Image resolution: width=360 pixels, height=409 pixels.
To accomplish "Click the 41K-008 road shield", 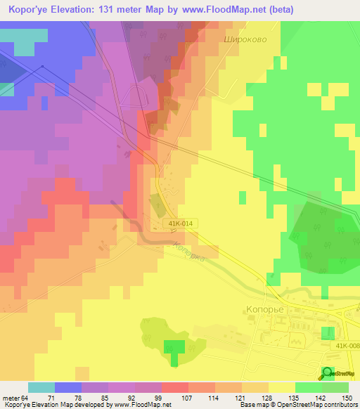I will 345,345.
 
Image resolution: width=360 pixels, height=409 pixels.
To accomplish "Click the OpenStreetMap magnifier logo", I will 328,373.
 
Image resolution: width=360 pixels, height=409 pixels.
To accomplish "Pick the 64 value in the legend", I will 26,397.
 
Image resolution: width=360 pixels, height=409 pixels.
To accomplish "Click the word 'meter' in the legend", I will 10,397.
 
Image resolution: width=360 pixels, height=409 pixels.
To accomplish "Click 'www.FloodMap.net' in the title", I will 218,10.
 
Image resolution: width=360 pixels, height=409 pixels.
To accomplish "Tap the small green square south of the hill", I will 174,347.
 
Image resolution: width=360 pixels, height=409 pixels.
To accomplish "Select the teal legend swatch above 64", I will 41,387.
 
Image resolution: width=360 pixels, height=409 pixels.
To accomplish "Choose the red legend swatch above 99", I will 175,387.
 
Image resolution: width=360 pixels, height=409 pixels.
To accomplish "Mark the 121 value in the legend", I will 240,397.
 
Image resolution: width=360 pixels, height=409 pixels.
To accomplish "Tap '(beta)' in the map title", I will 278,10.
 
